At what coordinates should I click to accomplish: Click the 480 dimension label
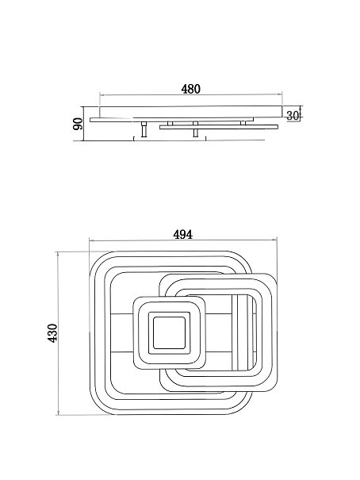pyautogui.click(x=190, y=89)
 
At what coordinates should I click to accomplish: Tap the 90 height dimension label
pyautogui.click(x=78, y=124)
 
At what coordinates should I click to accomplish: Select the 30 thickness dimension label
pyautogui.click(x=292, y=115)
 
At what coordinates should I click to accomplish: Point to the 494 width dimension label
pyautogui.click(x=183, y=235)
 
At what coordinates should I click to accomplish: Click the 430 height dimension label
pyautogui.click(x=52, y=333)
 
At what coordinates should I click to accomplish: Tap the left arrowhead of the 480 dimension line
pyautogui.click(x=102, y=95)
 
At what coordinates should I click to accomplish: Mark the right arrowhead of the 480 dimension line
pyautogui.click(x=280, y=94)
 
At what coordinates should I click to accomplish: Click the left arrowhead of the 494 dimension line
pyautogui.click(x=91, y=240)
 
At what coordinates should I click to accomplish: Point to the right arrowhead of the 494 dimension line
pyautogui.click(x=274, y=240)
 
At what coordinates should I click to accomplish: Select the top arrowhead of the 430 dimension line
pyautogui.click(x=58, y=254)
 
